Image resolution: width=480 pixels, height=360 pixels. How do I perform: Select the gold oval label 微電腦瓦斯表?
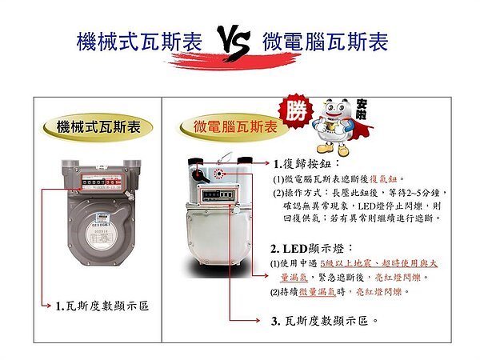pos(236,127)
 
